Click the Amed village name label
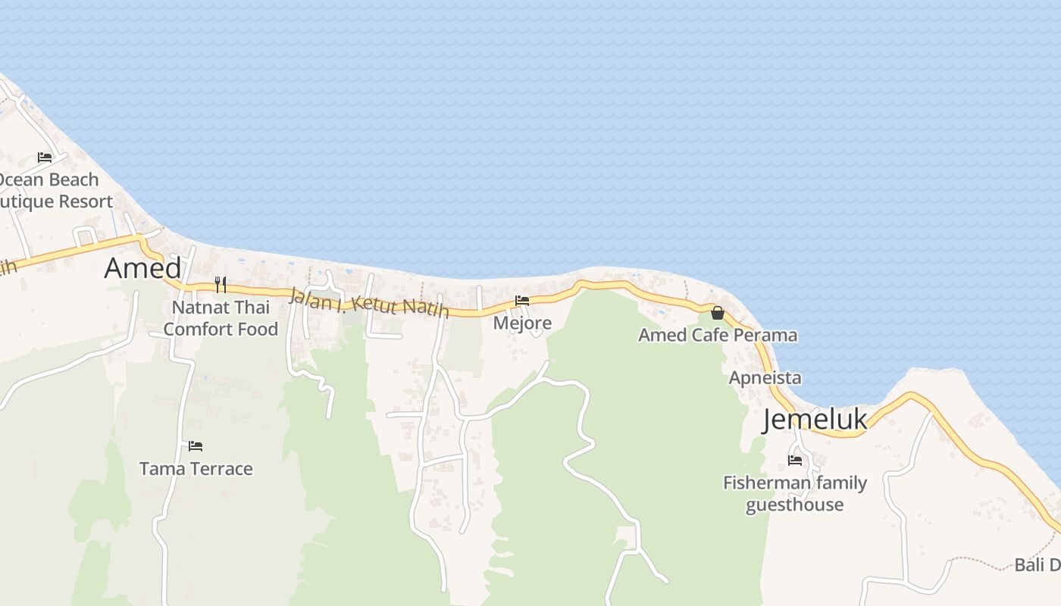click(x=142, y=268)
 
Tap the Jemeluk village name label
click(x=815, y=419)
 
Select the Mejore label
click(x=522, y=323)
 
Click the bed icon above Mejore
click(x=522, y=301)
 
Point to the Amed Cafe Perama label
click(x=717, y=335)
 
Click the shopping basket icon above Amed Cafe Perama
click(x=718, y=312)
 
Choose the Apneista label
click(x=765, y=377)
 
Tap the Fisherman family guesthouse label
click(x=794, y=493)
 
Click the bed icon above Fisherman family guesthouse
click(x=795, y=460)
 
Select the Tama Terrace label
click(x=196, y=469)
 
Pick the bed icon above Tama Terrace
click(x=196, y=446)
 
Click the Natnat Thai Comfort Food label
click(x=221, y=318)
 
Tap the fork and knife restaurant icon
click(x=221, y=285)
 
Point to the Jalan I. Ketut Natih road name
click(x=368, y=303)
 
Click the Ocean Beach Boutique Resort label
click(x=53, y=190)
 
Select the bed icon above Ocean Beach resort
click(x=45, y=158)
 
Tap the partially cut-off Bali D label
click(x=1038, y=565)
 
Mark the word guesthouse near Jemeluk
click(x=794, y=504)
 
